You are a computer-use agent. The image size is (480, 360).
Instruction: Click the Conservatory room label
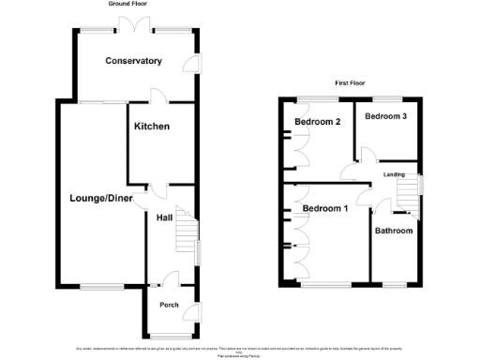[x=134, y=61]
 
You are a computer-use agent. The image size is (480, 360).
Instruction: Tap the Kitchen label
[x=151, y=126]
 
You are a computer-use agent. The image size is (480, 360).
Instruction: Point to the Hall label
[x=164, y=217]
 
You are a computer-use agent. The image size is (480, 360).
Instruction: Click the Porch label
[x=169, y=305]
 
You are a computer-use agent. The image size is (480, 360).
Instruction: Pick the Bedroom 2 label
[x=316, y=122]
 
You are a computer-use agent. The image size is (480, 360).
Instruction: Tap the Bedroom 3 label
[x=386, y=116]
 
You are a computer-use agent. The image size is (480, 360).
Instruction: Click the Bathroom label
[x=394, y=230]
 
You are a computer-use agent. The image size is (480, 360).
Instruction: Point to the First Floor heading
[x=349, y=82]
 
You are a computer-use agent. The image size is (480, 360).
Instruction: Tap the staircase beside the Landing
[x=408, y=195]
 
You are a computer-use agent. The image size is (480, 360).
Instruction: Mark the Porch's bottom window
[x=169, y=336]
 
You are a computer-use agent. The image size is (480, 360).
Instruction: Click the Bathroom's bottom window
[x=394, y=283]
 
